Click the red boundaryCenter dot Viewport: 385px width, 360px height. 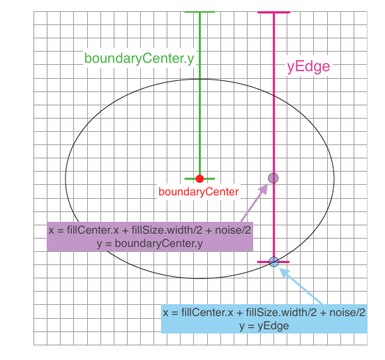click(200, 179)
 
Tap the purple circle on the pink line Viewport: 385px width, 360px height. click(273, 178)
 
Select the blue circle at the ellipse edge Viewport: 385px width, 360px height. click(274, 262)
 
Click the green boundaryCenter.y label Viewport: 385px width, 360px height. click(139, 59)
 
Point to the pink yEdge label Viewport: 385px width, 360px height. click(308, 66)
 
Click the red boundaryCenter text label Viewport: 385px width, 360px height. click(198, 192)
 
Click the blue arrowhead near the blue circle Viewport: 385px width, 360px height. click(285, 272)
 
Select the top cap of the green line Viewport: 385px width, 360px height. click(199, 12)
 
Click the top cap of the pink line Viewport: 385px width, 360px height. click(274, 13)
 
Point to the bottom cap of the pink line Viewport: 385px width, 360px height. click(273, 262)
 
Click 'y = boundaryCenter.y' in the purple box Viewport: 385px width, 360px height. click(150, 243)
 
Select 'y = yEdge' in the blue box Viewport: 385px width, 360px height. click(264, 326)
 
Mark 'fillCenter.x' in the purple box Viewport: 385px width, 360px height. click(93, 230)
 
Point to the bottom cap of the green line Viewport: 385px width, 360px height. click(199, 179)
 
